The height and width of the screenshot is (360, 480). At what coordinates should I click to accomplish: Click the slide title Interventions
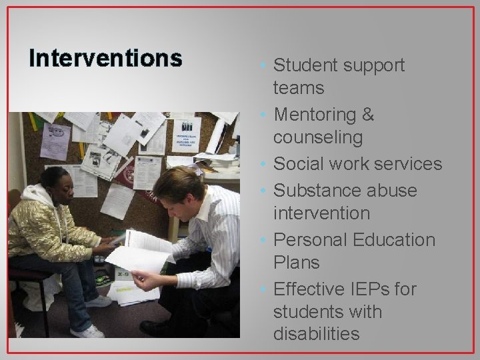tap(105, 59)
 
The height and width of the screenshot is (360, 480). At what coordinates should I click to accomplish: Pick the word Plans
tap(296, 263)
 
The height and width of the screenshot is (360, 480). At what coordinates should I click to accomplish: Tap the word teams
tap(299, 88)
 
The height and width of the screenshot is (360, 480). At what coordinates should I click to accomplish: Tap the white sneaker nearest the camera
tap(86, 331)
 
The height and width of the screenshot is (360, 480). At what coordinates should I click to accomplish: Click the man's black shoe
tap(157, 327)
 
